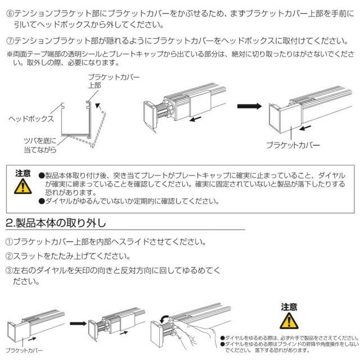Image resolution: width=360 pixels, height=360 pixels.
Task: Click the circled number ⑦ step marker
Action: [8, 40]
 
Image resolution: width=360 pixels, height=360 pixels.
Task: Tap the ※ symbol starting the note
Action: [8, 54]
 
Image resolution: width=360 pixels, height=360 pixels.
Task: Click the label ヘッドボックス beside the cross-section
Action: [30, 119]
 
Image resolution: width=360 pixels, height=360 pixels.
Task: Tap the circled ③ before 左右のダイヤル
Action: [8, 270]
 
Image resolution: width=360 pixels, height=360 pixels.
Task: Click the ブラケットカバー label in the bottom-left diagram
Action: [24, 350]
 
